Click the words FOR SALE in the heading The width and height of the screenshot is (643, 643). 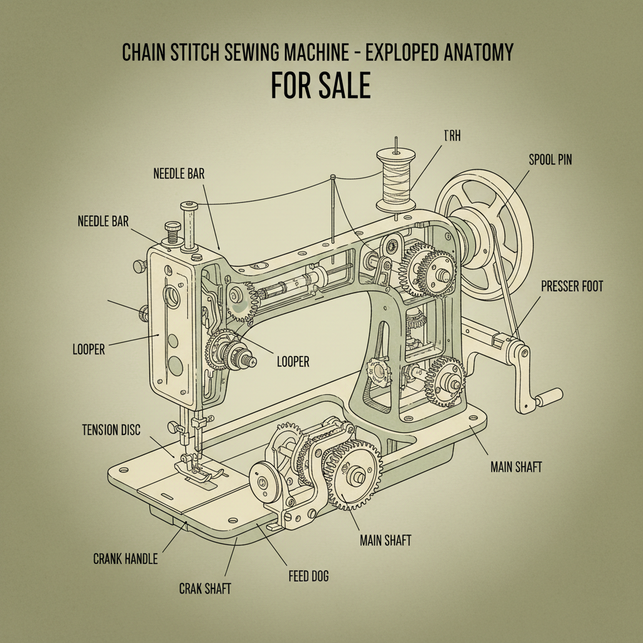click(x=320, y=86)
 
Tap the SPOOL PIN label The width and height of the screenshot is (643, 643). click(x=550, y=161)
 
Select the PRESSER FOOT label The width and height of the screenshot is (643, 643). click(x=571, y=287)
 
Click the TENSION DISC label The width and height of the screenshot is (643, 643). click(x=111, y=430)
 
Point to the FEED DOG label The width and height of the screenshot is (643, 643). click(x=308, y=575)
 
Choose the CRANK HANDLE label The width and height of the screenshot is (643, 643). click(x=125, y=558)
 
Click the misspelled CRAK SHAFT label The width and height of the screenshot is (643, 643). click(x=205, y=588)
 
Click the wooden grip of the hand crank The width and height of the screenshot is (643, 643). click(x=548, y=397)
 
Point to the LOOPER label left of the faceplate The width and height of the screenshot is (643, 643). click(x=89, y=349)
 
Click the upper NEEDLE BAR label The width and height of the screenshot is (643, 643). click(x=179, y=173)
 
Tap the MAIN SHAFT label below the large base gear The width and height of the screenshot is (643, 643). click(x=385, y=540)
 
